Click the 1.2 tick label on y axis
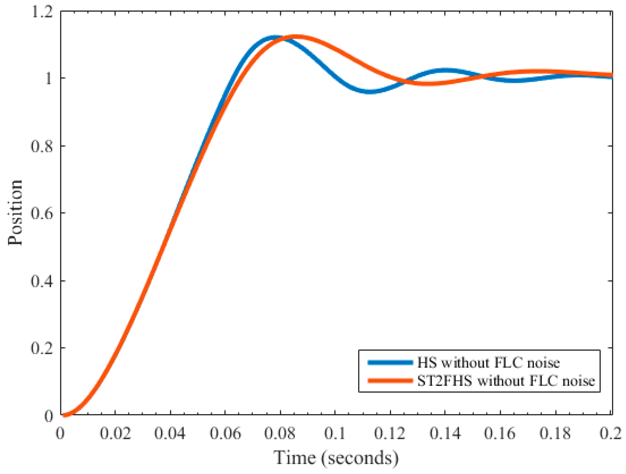pyautogui.click(x=42, y=13)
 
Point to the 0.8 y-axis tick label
pyautogui.click(x=42, y=146)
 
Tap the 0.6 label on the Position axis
pyautogui.click(x=42, y=213)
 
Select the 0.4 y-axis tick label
pyautogui.click(x=42, y=281)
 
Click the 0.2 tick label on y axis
pyautogui.click(x=42, y=348)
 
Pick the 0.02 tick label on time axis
pyautogui.click(x=115, y=433)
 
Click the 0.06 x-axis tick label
pyautogui.click(x=225, y=433)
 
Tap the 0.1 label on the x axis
pyautogui.click(x=335, y=433)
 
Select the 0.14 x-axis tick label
pyautogui.click(x=445, y=433)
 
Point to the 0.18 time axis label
pyautogui.click(x=555, y=433)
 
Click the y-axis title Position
pyautogui.click(x=15, y=213)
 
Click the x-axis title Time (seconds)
pyautogui.click(x=336, y=458)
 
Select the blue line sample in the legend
pyautogui.click(x=390, y=362)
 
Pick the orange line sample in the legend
pyautogui.click(x=390, y=381)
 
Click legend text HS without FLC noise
pyautogui.click(x=488, y=363)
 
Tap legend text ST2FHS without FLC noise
pyautogui.click(x=506, y=381)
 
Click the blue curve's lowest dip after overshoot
pyautogui.click(x=370, y=91)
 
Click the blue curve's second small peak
pyautogui.click(x=445, y=71)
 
